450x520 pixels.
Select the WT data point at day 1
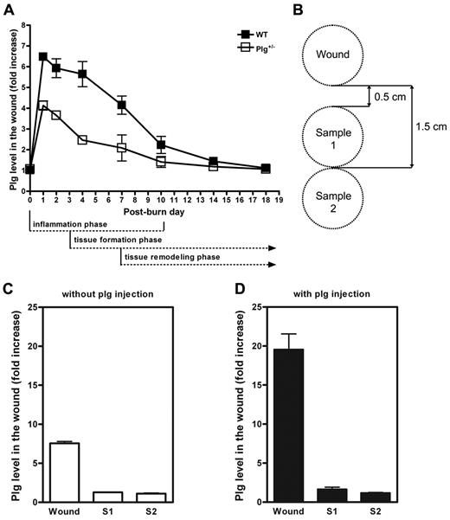(42, 57)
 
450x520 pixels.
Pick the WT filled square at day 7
(122, 106)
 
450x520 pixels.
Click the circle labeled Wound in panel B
(336, 54)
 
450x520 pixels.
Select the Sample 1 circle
(336, 138)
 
